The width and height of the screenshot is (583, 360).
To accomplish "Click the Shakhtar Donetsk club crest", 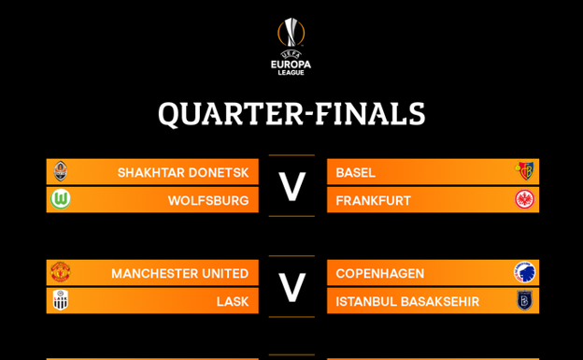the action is coord(60,171).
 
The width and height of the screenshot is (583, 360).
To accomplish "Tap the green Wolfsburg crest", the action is coord(60,199).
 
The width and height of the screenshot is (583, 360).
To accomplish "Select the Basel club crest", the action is coord(525,171).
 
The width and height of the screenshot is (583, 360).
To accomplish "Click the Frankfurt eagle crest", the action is coord(525,199).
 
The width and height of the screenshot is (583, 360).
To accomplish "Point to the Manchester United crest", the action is coord(60,272).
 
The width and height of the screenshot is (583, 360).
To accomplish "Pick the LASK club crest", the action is coord(60,300).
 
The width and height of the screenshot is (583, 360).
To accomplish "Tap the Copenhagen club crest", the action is coord(525,272).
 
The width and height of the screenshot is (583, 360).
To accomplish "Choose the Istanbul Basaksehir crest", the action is coord(525,300).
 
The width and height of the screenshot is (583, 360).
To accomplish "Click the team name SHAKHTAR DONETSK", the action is coord(183,173).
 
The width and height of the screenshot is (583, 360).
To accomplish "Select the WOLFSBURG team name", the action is coord(208,201).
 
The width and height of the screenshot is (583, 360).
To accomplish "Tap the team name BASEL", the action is coord(355,173).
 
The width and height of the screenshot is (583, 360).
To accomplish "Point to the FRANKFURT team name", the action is coord(374,201).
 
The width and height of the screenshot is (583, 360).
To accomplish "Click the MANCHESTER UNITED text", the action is coord(180,274).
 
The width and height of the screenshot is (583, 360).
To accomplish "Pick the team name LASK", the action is coord(233,301).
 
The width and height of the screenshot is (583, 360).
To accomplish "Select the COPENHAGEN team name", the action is coord(380,274).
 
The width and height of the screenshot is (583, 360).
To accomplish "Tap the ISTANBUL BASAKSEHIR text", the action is coord(407,301).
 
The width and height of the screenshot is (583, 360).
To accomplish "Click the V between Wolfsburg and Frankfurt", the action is coord(291,186).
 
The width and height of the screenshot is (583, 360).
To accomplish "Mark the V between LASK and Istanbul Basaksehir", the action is coord(291,287).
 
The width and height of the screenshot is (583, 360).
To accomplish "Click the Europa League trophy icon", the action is coord(291,33).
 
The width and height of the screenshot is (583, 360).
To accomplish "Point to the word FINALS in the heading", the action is coord(370,113).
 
